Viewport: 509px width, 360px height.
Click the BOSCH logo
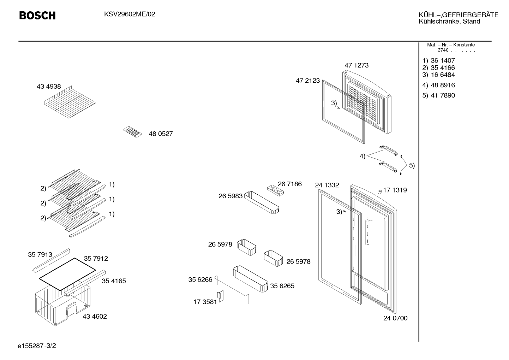pos(37,16)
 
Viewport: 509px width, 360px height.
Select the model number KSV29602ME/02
pos(130,14)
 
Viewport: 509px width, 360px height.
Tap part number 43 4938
pos(49,87)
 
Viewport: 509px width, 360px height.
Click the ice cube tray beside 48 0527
pos(132,132)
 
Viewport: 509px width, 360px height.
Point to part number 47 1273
pos(357,65)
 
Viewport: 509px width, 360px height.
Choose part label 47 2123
pos(308,81)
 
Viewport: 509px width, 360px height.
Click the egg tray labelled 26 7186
pos(275,190)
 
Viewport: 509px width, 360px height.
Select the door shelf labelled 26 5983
pos(262,203)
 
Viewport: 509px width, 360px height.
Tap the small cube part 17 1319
pos(379,192)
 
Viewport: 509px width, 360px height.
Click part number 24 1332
pos(327,185)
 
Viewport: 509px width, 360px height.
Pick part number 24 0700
pos(395,318)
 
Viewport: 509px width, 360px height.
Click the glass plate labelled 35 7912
pos(67,274)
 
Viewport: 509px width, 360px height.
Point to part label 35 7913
pos(40,254)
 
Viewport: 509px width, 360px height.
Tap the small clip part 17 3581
pos(220,296)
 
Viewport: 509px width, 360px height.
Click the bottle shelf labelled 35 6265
pos(250,279)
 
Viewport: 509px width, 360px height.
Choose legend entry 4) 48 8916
pos(438,85)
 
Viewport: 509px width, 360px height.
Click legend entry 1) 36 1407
pos(438,60)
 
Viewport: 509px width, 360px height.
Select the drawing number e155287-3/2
pos(37,346)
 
